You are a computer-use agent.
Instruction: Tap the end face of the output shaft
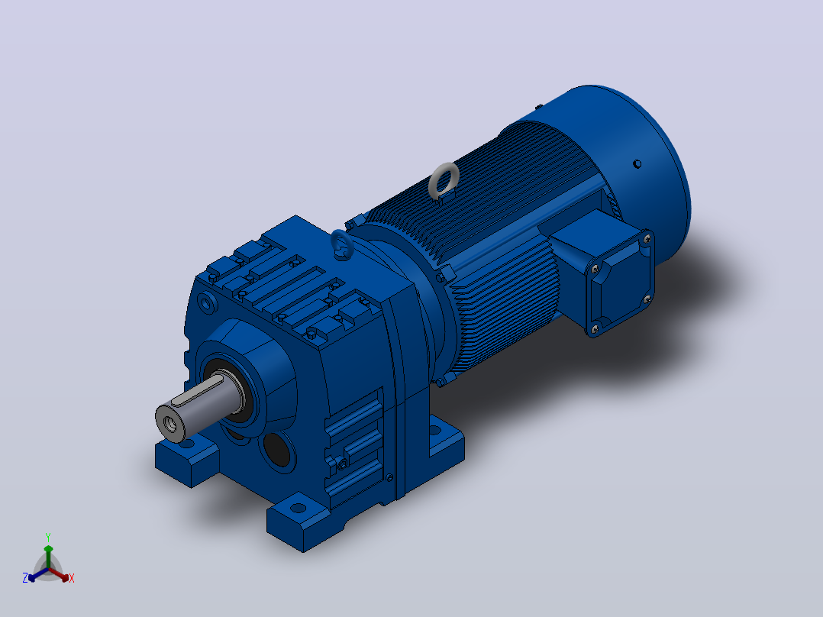pyautogui.click(x=170, y=422)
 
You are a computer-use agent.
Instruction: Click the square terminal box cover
pyautogui.click(x=619, y=283)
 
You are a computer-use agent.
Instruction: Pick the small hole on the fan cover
pyautogui.click(x=637, y=164)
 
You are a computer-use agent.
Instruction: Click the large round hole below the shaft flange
pyautogui.click(x=277, y=450)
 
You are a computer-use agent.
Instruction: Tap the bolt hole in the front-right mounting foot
pyautogui.click(x=298, y=508)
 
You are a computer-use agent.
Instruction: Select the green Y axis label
pyautogui.click(x=48, y=537)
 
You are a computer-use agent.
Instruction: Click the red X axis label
pyautogui.click(x=72, y=578)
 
